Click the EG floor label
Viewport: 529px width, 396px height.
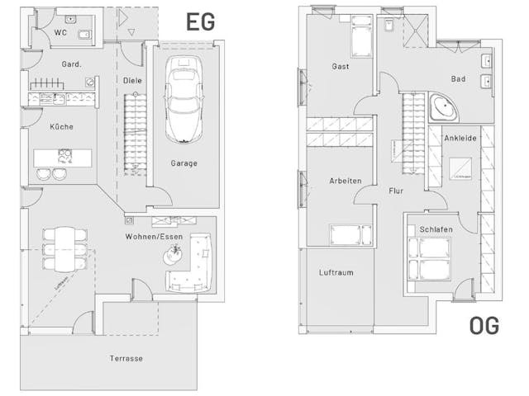(202, 21)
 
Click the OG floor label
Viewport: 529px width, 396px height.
(484, 326)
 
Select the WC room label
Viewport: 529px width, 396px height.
(60, 32)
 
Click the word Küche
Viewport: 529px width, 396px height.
(61, 126)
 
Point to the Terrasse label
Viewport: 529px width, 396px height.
(126, 359)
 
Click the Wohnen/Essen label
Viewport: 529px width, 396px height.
(155, 237)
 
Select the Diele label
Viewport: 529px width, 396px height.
(131, 81)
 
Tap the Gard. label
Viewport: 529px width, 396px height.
(70, 64)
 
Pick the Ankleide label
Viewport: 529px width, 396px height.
(460, 139)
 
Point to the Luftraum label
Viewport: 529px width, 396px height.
(336, 272)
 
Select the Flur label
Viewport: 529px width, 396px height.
(396, 191)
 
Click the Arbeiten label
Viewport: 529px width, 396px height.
(345, 180)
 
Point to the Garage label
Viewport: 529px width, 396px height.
(183, 163)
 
